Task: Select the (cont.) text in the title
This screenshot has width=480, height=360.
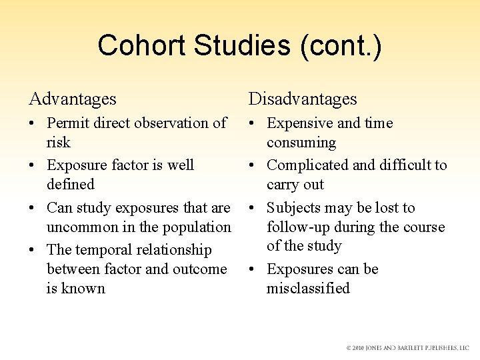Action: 341,47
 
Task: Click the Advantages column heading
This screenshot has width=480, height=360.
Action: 73,99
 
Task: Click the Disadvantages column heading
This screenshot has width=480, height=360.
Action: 303,99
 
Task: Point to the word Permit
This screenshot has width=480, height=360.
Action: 69,123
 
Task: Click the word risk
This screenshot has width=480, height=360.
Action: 59,143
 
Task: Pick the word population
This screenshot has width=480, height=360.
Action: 193,227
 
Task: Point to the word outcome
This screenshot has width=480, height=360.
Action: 200,269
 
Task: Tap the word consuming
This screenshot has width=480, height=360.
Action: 301,143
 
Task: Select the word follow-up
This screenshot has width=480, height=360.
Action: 295,227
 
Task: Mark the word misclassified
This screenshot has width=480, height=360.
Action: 308,289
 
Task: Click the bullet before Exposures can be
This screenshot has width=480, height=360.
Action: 253,270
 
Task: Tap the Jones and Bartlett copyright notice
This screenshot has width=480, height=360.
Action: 407,348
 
